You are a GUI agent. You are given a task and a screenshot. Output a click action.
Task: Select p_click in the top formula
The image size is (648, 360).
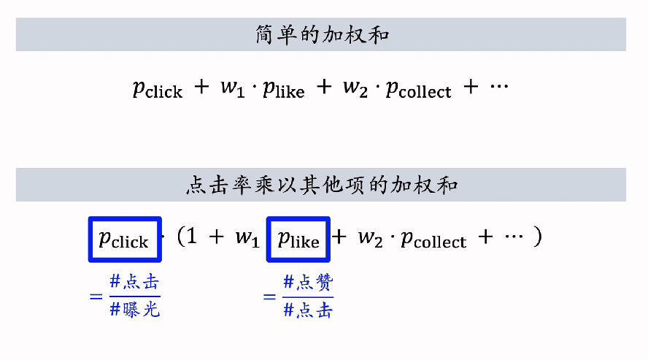coord(157,88)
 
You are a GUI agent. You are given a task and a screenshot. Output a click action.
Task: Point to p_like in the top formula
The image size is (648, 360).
coord(283,88)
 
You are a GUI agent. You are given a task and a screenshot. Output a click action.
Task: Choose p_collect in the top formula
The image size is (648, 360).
coord(418,88)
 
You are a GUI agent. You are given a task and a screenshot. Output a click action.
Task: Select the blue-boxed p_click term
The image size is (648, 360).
coord(123,239)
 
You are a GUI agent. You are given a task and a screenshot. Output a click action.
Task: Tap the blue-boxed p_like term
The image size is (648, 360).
coord(298,239)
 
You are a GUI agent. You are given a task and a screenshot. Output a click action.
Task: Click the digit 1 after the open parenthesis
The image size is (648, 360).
coord(191,237)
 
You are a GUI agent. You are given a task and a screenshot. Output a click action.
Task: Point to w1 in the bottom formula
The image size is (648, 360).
coord(247,237)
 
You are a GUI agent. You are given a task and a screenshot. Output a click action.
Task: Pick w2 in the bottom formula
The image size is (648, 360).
coord(372,237)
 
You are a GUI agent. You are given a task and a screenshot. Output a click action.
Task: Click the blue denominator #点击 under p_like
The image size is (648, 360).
coord(308,310)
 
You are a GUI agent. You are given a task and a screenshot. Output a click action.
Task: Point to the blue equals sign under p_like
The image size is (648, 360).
coord(269,296)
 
